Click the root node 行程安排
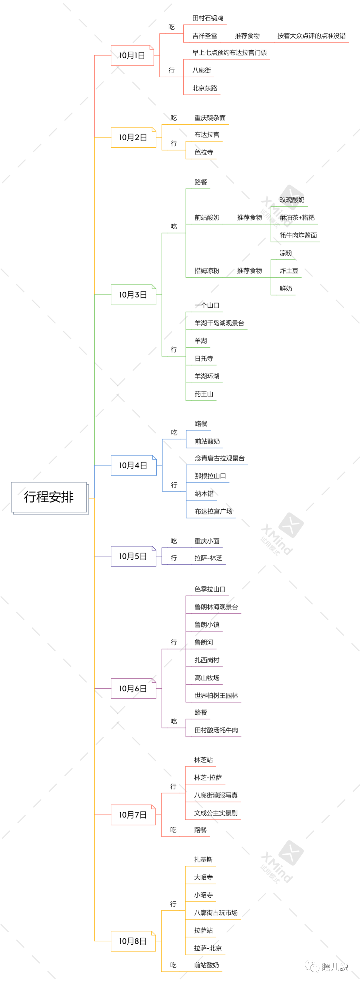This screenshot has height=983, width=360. point(49,497)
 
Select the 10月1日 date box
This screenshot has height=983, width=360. point(132,55)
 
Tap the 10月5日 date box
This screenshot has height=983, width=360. point(133,556)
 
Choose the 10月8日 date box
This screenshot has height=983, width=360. point(133,941)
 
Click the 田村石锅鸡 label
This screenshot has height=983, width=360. point(208,18)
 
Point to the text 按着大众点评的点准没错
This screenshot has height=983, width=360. point(311,36)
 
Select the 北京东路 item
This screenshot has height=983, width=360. point(205,88)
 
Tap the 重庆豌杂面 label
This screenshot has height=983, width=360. point(210,118)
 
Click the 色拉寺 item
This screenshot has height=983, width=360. point(204,152)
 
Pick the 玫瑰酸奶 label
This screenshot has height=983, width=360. point(292,200)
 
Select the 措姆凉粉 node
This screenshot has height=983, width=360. point(207,271)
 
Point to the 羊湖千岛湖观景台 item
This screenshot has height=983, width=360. point(219,323)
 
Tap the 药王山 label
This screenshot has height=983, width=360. point(204,394)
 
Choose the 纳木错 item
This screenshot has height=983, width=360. point(204,493)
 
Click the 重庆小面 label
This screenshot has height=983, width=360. point(207,541)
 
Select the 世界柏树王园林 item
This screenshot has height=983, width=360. point(216,695)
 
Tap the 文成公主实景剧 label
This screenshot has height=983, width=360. point(216,813)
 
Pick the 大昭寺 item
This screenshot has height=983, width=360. point(203,877)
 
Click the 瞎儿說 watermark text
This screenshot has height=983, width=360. point(334,967)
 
